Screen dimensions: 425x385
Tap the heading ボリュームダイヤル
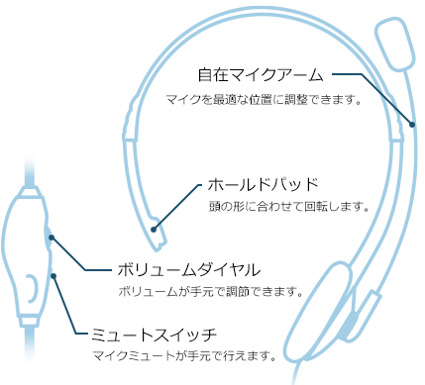188,269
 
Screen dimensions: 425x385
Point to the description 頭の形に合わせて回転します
288,209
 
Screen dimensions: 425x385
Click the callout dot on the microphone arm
413,124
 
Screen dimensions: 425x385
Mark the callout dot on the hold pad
154,229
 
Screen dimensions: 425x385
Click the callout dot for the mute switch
53,276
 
